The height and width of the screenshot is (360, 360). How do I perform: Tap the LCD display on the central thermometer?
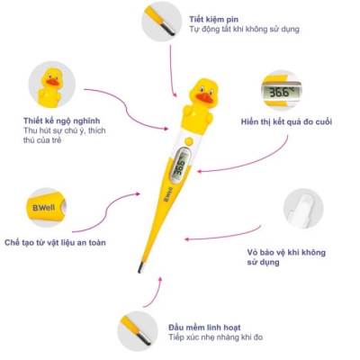tap(180, 166)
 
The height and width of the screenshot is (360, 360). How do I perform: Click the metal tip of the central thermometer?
tap(140, 267)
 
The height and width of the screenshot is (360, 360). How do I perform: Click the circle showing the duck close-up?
tap(52, 84)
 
